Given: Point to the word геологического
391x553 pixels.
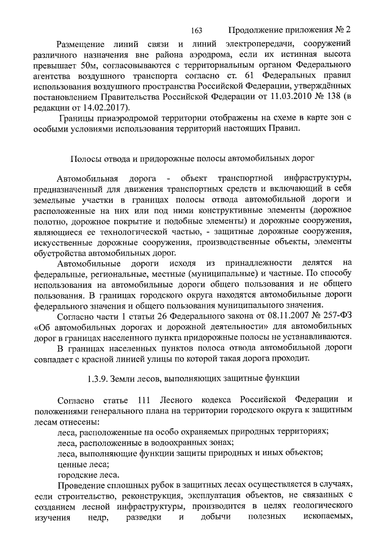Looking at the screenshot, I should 316,507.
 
